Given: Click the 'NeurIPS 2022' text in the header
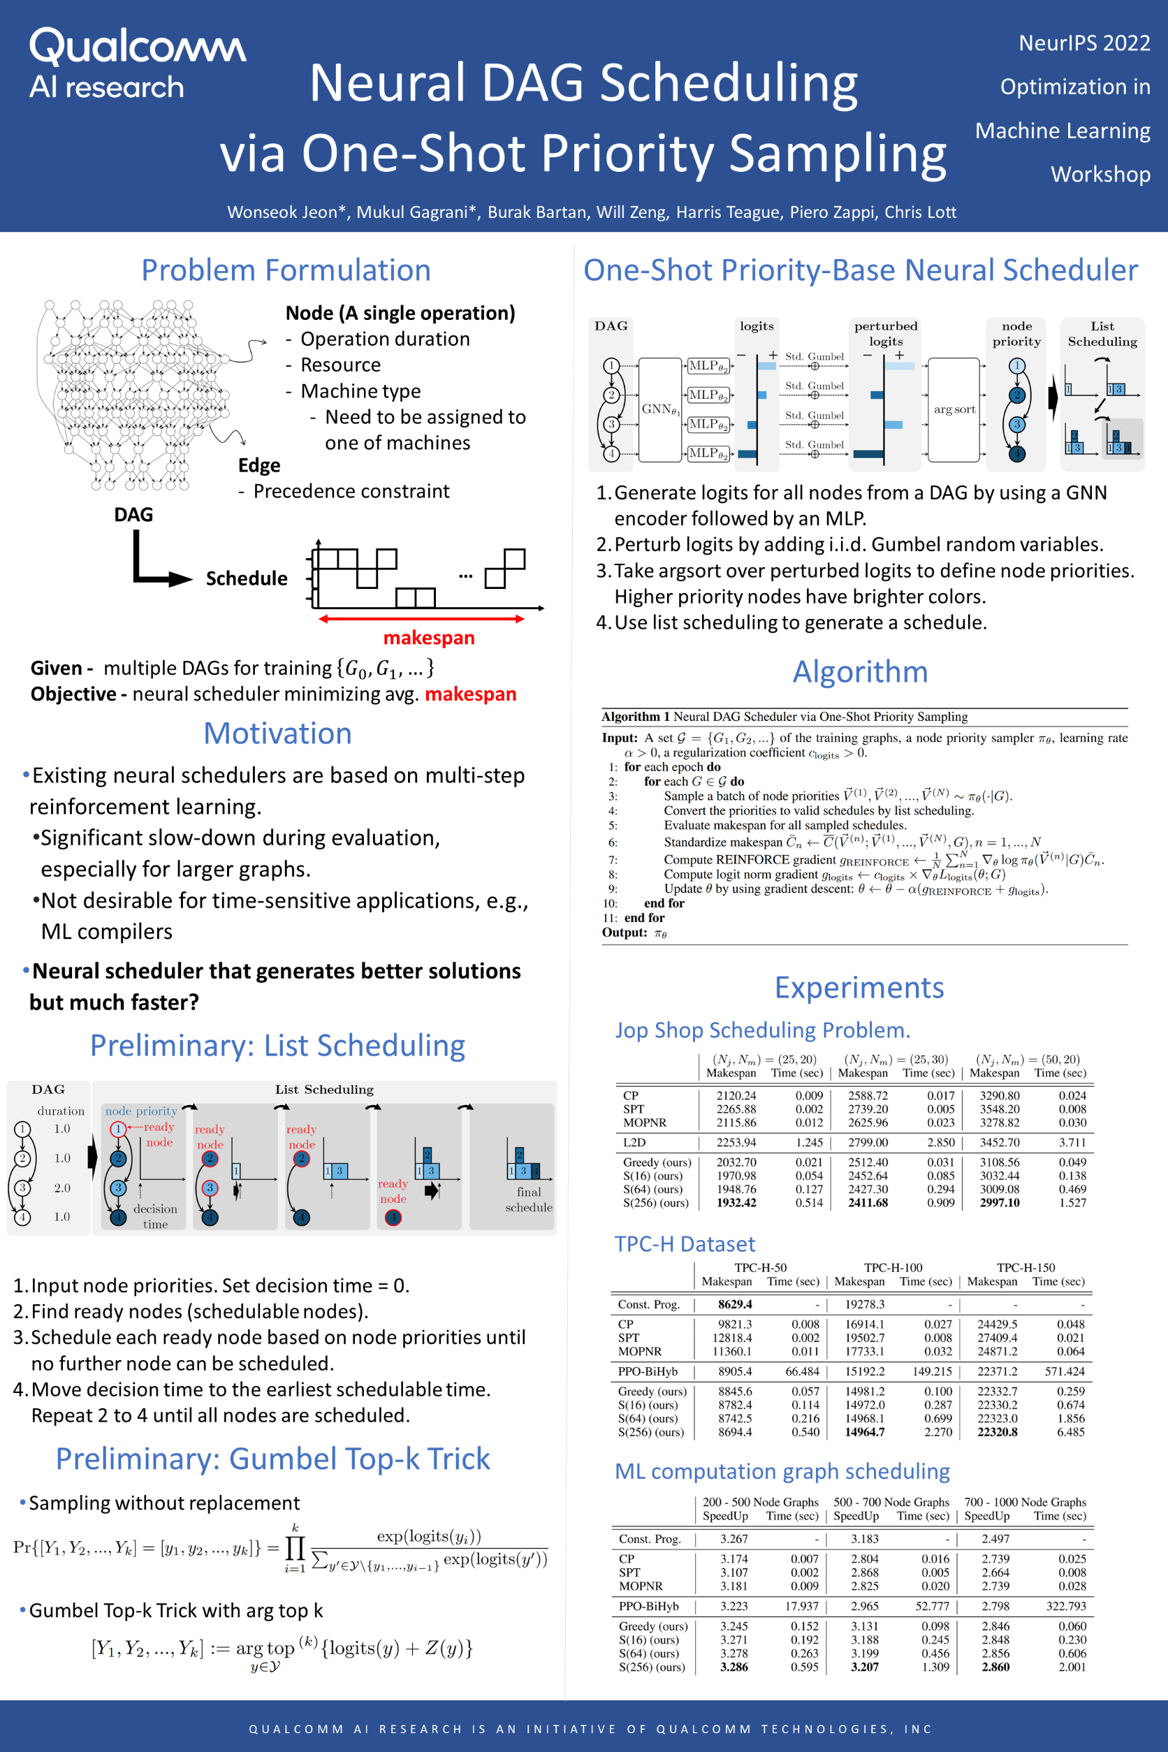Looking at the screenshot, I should [1084, 43].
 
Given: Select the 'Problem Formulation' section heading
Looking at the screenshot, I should [286, 270].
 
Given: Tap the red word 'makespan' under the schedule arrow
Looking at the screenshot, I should [428, 638].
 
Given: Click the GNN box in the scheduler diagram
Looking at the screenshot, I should [660, 409].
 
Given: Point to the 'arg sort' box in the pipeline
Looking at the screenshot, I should [954, 409].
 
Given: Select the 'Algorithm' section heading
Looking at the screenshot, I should [861, 672].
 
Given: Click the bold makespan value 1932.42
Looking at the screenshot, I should [736, 1202].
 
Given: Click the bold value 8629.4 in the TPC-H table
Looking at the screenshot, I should [734, 1304].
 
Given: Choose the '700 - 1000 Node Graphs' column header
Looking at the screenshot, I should [1025, 1502].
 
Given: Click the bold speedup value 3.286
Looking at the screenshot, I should [733, 1667].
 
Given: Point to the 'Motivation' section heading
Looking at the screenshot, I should [277, 733].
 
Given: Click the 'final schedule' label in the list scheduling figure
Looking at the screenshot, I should [529, 1199].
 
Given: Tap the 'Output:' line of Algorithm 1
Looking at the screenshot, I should [634, 933].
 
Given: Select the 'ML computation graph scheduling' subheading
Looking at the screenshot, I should [782, 1471].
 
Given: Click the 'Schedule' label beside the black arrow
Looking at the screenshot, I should [247, 579].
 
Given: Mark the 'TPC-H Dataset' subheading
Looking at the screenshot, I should [685, 1244].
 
